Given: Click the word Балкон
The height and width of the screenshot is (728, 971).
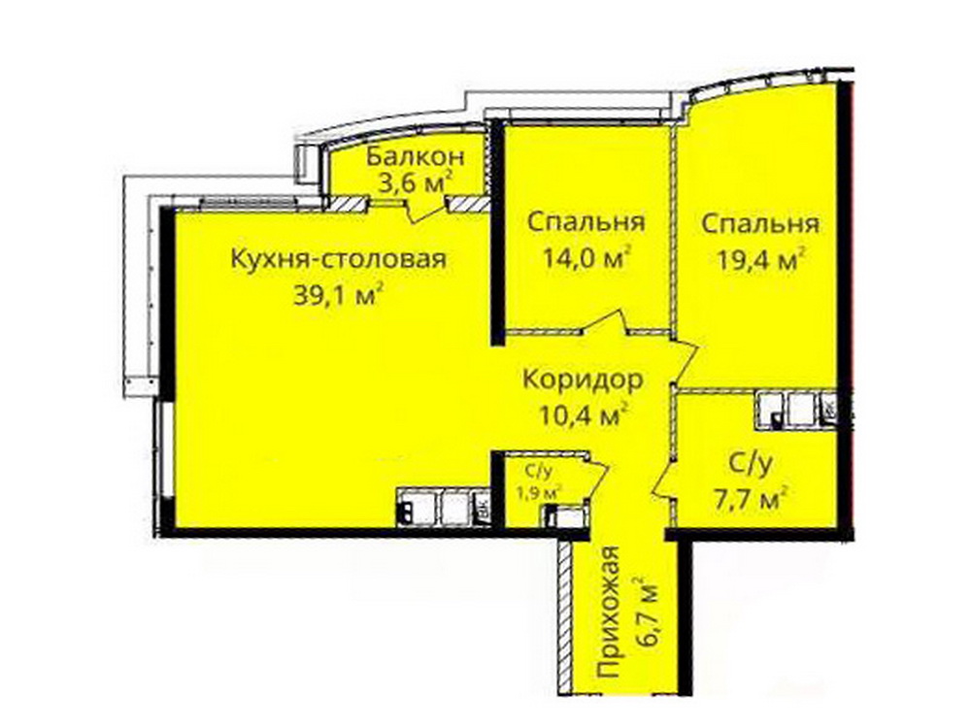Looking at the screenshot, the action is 415,156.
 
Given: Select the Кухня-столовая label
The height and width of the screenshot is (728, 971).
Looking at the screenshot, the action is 338,259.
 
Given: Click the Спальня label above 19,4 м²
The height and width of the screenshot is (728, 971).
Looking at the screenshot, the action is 760,223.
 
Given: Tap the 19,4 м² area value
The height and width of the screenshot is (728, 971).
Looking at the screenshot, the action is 761,260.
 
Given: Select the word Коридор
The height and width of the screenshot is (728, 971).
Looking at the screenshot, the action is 583,380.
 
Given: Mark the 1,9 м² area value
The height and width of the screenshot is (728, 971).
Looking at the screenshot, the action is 540,493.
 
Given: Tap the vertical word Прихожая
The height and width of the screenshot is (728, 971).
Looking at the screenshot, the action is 610,621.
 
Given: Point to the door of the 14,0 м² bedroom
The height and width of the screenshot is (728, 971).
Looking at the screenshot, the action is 606,324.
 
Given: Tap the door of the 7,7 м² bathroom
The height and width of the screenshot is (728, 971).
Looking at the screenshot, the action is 662,480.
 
